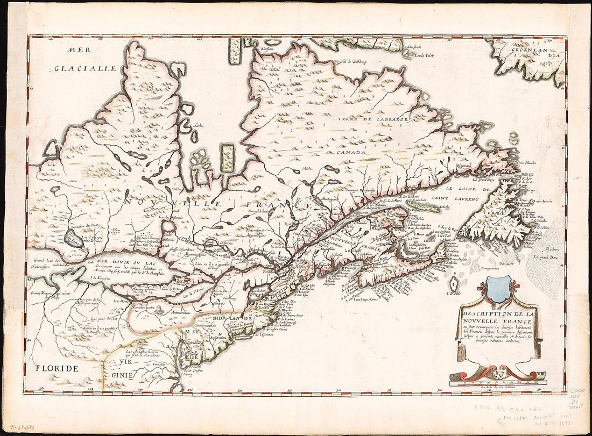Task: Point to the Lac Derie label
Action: [121, 302]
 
